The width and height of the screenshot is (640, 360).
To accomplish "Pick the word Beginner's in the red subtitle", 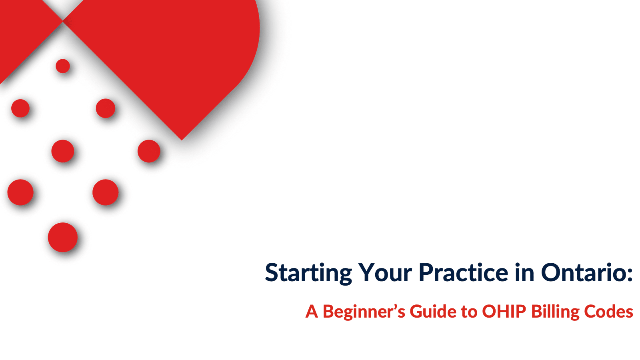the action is tap(364, 312).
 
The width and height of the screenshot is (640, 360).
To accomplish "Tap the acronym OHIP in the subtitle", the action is tap(504, 312).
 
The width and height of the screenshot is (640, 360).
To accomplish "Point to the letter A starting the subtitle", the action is tap(312, 312).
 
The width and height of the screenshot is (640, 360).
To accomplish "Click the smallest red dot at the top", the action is tap(63, 66).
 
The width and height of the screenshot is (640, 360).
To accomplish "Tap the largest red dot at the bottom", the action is tap(62, 238).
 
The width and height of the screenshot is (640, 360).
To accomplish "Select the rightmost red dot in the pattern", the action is tap(149, 151).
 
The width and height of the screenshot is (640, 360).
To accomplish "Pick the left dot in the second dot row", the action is tap(20, 108).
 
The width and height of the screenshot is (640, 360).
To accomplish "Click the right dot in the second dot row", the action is tap(106, 108).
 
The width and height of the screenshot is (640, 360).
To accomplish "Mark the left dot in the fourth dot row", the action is tap(20, 192).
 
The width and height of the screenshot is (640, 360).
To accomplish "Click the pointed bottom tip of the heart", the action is tap(182, 140).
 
